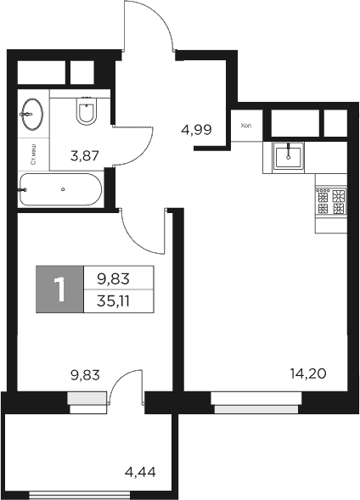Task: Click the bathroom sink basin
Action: point(32,114)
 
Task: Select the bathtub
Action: point(59,188)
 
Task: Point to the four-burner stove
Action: point(330,200)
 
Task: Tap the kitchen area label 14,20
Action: point(307,371)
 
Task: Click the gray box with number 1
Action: point(59,289)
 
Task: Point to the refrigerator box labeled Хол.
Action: point(247,126)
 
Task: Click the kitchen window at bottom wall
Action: point(256,408)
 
